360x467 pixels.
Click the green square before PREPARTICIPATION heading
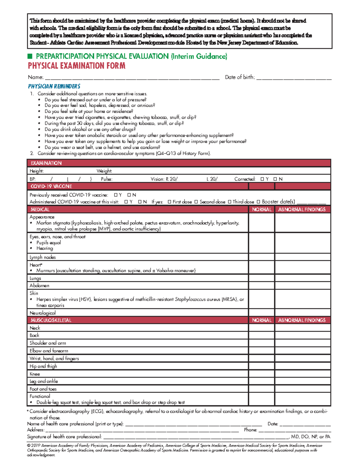[x=30, y=56]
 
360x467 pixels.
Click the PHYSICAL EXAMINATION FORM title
[x=76, y=66]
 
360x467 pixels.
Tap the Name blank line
[x=132, y=78]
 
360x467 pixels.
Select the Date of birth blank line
[x=294, y=78]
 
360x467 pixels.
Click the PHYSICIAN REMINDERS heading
[x=54, y=86]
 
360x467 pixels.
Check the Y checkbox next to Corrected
[x=262, y=179]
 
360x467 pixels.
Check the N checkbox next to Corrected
[x=275, y=179]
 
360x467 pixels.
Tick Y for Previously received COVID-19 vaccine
[x=116, y=195]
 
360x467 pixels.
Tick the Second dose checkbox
[x=196, y=202]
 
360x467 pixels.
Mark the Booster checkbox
[x=259, y=202]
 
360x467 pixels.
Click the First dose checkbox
[x=169, y=202]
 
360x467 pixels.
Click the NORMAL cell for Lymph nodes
[x=261, y=257]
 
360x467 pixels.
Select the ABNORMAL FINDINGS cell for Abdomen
[x=302, y=286]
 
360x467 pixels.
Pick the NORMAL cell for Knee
[x=261, y=374]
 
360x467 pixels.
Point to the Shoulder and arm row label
[x=48, y=343]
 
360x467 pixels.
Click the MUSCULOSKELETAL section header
[x=51, y=320]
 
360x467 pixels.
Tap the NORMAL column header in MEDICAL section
[x=262, y=210]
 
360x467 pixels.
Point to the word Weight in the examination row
[x=104, y=171]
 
